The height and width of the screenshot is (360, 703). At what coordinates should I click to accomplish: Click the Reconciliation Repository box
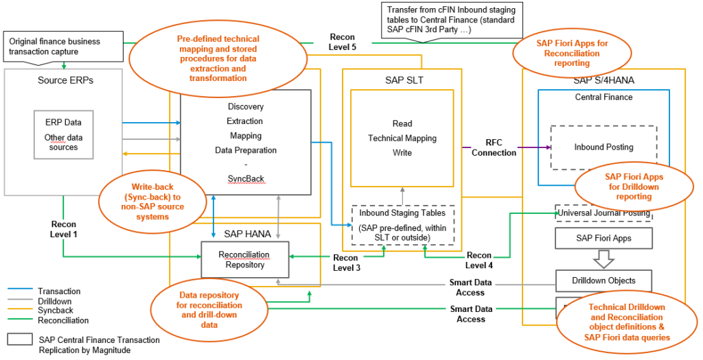point(244,259)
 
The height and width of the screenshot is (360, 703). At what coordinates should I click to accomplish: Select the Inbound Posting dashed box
point(603,147)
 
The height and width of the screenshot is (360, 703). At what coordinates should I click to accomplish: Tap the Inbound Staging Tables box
point(403,225)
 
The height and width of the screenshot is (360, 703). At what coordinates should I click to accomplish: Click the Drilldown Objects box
point(603,280)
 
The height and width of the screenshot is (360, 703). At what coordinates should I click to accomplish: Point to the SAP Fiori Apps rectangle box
point(603,238)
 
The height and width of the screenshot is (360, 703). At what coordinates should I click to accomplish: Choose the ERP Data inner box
point(63,134)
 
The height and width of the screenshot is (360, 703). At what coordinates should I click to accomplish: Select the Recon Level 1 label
point(64,229)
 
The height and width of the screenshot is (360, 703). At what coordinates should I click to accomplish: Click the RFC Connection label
point(494,147)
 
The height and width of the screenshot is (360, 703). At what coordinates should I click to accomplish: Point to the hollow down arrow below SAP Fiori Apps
point(603,259)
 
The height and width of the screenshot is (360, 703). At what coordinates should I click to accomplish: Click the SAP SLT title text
point(404,80)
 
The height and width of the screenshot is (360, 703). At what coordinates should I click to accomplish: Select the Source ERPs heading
point(65,80)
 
